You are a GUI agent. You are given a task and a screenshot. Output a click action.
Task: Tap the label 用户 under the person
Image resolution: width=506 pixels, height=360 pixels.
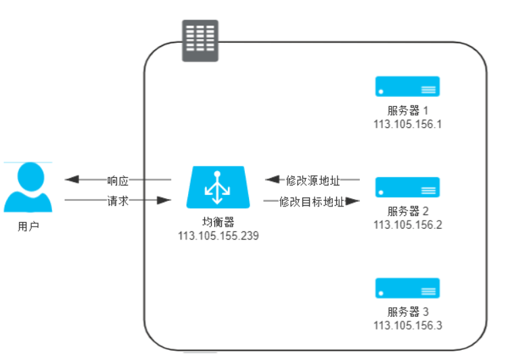coord(28,227)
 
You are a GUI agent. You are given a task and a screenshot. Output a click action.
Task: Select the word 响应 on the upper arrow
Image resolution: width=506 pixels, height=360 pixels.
coord(118,181)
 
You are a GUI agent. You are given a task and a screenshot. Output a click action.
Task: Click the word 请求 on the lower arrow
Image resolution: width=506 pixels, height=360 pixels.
coord(118,201)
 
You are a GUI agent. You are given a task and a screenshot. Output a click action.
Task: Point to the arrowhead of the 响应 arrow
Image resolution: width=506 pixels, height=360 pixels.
coord(72,180)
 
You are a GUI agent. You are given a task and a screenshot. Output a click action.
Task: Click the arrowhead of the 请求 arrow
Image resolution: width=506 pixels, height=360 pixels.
coord(162,201)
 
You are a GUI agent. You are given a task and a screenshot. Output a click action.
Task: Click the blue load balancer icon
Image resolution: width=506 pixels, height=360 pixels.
coord(217,187)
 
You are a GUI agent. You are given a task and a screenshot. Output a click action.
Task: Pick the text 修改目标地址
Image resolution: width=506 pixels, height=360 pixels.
coord(312,202)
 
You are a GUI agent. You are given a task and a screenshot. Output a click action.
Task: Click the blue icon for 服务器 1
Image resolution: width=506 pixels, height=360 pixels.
coord(408,87)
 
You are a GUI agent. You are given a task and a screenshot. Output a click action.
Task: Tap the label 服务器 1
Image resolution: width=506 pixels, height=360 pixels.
coord(408,110)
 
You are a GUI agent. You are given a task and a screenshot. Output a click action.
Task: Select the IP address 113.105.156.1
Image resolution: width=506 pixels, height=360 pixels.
coord(407,124)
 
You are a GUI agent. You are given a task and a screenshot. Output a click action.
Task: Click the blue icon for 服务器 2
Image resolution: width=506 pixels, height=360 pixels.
coord(408,187)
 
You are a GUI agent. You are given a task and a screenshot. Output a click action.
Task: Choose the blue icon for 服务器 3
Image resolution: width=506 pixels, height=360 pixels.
coord(408,288)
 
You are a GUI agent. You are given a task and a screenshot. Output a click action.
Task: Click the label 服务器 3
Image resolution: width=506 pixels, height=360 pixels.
coord(408,312)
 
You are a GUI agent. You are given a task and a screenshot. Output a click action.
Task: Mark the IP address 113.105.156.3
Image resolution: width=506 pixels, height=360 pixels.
coord(407,325)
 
